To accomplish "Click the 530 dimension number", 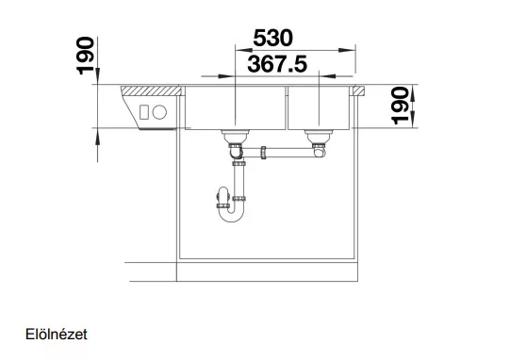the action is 272,38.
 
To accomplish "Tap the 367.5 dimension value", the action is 277,64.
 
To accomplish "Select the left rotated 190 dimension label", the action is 85,56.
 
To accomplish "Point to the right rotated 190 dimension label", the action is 400,106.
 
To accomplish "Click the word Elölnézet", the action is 57,335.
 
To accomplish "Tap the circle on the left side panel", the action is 159,112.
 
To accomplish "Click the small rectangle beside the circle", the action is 144,112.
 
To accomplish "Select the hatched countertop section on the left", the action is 151,90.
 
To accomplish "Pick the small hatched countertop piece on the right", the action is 359,90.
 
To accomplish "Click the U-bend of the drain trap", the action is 231,215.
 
